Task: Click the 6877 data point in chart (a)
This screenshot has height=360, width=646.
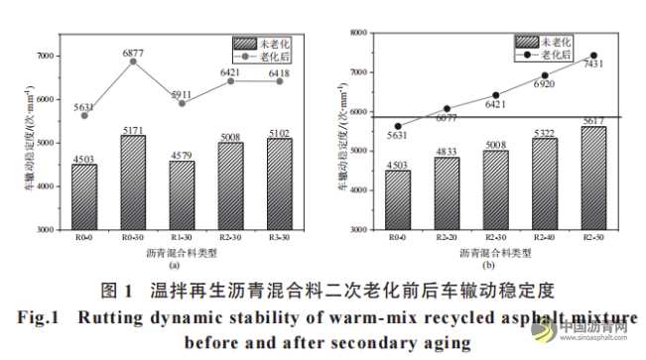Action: point(132,61)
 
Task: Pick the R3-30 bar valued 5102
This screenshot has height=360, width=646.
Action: point(278,183)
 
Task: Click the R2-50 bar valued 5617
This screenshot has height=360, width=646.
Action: point(592,178)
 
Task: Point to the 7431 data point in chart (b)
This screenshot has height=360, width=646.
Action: point(592,56)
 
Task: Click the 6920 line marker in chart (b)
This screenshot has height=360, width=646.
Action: point(544,76)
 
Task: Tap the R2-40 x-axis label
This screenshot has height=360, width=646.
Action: point(544,239)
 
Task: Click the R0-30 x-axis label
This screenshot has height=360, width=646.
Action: point(132,240)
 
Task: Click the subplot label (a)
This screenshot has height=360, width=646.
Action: point(175,265)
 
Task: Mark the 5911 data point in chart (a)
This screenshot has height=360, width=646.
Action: point(181,103)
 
